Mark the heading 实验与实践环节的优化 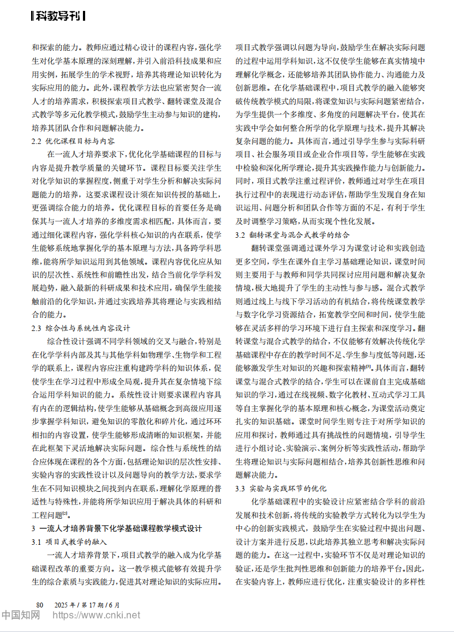click(289, 488)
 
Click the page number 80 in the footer click(39, 605)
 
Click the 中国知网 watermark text click(20, 616)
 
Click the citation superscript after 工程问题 click(65, 513)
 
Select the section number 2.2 click(37, 141)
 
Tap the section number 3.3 click(241, 488)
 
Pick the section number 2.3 click(37, 328)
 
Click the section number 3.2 click(241, 234)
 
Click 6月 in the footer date click(114, 605)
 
